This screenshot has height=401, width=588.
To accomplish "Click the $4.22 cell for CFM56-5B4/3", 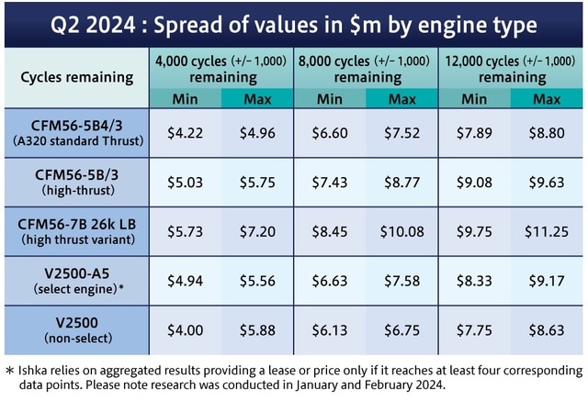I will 185,132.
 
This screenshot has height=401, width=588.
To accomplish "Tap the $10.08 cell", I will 401,232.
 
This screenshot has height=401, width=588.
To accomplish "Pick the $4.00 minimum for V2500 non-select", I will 185,331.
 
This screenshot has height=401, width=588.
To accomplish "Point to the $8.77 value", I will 401,182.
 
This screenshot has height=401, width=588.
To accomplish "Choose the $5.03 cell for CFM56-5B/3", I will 185,182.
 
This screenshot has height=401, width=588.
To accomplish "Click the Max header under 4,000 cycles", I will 257,97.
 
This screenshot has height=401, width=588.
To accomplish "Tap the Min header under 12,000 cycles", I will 474,97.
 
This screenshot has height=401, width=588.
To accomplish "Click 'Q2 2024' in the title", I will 92,24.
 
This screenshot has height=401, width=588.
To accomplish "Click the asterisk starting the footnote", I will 8,371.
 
